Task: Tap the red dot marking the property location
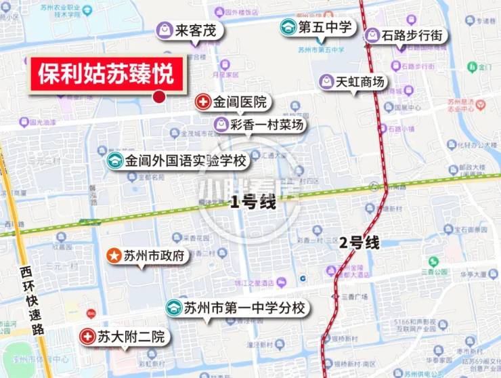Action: pos(159,97)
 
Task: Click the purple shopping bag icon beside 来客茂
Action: pos(164,30)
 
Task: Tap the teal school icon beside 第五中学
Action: pos(288,27)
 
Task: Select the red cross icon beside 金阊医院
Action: pos(202,102)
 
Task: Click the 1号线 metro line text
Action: pos(253,202)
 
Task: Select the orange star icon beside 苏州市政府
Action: pos(114,256)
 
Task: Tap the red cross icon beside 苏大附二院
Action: pos(87,336)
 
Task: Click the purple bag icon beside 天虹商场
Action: pos(327,82)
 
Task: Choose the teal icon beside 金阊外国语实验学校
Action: pos(114,161)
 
